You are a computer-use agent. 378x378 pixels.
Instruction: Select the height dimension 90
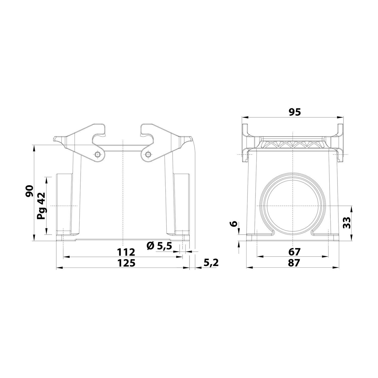[x=30, y=191]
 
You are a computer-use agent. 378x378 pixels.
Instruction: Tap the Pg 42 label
[x=41, y=206]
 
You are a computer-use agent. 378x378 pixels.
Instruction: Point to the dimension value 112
[x=126, y=252]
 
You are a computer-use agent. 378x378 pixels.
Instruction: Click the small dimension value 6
[x=234, y=224]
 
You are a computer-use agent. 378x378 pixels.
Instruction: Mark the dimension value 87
[x=294, y=263]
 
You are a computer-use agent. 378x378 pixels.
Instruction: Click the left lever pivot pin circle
[x=98, y=154]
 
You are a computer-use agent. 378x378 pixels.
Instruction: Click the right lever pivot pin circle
[x=148, y=154]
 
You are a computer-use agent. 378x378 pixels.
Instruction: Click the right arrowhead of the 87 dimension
[x=336, y=268]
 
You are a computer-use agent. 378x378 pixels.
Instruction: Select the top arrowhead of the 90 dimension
[x=34, y=147]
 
